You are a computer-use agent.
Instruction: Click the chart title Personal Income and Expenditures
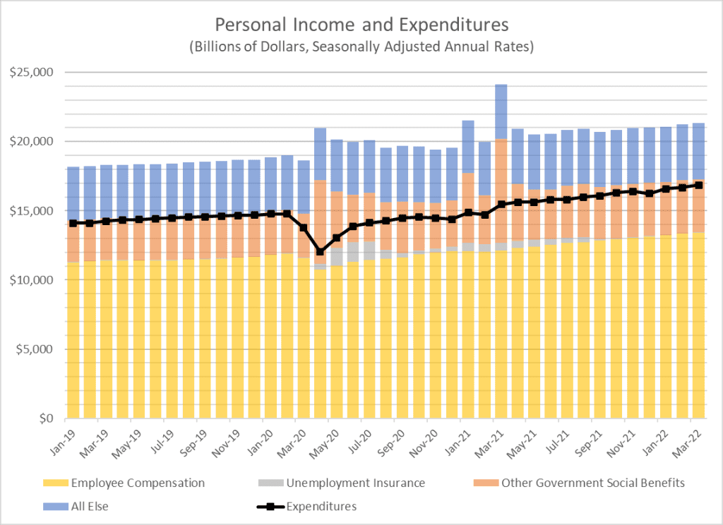coord(361,25)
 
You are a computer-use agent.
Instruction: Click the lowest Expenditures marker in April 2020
coord(320,252)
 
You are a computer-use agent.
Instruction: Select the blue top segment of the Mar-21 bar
coord(501,111)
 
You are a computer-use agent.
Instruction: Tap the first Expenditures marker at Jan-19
coord(73,223)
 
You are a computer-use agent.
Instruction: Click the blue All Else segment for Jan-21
coord(468,147)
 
